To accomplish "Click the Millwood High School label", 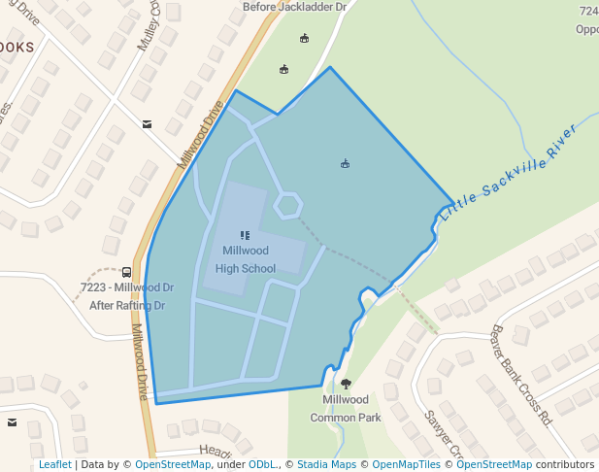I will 245,259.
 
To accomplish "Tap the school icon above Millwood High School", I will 245,235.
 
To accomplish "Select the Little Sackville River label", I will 508,173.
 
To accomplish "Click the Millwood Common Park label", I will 346,408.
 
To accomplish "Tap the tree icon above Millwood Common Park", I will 346,385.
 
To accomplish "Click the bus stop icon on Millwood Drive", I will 127,272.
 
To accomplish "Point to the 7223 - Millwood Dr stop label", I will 127,287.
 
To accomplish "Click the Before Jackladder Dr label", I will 294,7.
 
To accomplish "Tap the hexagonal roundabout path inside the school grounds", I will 287,205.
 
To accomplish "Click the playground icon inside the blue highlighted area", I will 345,163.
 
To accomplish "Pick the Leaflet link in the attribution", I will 54,464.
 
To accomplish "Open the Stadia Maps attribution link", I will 326,464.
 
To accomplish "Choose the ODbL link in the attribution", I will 262,464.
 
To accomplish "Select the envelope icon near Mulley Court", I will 147,124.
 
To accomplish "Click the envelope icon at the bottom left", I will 12,422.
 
